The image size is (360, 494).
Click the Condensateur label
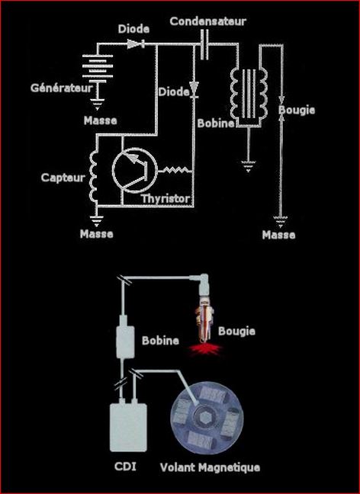[x=207, y=21]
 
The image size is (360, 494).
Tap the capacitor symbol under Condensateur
[x=204, y=45]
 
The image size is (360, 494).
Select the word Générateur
[x=62, y=88]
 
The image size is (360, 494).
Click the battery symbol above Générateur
[x=98, y=66]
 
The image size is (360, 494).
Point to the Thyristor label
[x=166, y=199]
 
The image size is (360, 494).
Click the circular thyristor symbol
[x=134, y=170]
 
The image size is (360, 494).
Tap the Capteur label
[x=63, y=178]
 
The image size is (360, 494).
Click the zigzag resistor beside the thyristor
[x=175, y=171]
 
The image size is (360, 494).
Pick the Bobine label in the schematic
[x=216, y=124]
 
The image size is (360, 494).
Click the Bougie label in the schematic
[x=297, y=110]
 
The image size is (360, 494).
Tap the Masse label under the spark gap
[x=278, y=235]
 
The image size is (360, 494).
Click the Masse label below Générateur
[x=100, y=120]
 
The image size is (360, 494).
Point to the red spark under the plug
[x=205, y=348]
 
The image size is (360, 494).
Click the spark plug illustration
[x=203, y=309]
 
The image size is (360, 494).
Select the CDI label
[x=125, y=466]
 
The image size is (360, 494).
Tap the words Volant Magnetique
[x=210, y=467]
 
